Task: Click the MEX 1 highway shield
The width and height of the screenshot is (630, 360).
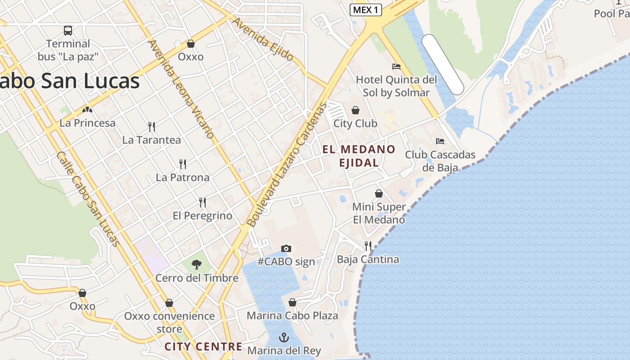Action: pos(366,10)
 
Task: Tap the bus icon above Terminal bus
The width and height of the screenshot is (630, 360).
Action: pos(68,31)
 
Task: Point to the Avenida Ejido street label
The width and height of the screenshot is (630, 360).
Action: pos(263,39)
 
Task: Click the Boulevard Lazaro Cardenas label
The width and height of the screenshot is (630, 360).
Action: pos(286,165)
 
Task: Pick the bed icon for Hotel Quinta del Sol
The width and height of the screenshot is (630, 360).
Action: pos(396,67)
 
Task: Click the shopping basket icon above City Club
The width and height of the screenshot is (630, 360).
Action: pos(355,110)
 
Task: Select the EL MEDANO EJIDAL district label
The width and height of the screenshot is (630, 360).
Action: pos(359,156)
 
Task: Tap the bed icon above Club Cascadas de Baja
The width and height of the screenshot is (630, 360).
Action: pos(440,141)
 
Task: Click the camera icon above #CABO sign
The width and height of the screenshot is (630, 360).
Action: pos(286,248)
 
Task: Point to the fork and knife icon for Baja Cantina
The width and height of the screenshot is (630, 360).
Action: pos(368,246)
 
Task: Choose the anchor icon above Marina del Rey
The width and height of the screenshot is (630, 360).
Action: pos(284,337)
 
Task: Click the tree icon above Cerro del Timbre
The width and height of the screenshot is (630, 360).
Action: pos(197,265)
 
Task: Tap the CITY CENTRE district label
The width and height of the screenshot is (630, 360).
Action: pos(203,346)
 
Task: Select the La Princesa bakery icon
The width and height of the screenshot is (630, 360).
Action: pos(87,109)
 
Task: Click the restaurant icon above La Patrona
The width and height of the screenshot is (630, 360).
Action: pos(183,164)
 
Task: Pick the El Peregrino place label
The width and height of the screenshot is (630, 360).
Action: pos(202,216)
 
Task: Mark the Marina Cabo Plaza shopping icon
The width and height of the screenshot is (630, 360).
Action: pos(292,302)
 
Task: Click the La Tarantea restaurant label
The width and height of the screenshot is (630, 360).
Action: pos(152,140)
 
